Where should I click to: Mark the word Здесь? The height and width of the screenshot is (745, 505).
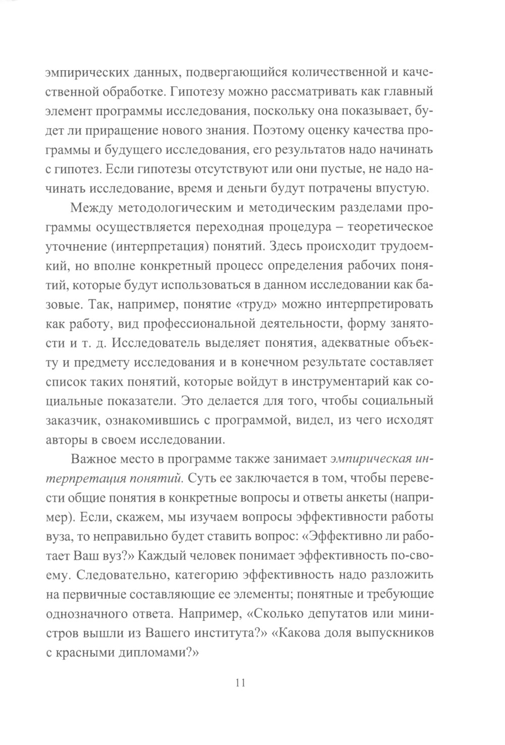293,247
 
